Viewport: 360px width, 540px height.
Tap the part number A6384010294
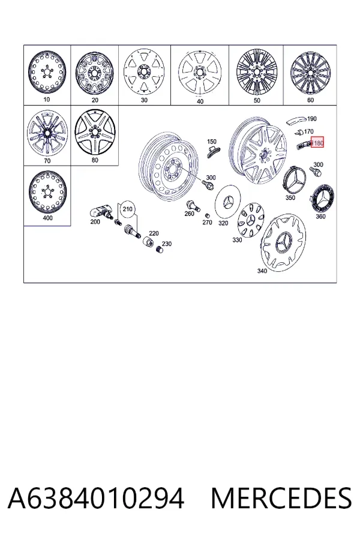pos(96,498)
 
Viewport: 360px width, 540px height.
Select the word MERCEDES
pos(281,498)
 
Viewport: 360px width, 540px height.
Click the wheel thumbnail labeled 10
pos(47,73)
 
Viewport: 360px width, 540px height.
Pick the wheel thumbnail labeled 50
pos(256,73)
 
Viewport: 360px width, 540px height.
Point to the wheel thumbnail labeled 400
pos(47,191)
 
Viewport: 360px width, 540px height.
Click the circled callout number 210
pos(127,209)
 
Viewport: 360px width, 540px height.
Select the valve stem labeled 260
pos(193,205)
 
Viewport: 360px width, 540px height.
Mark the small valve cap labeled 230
pos(159,250)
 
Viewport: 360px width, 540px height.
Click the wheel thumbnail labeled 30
pos(145,73)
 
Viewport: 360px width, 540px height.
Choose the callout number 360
pos(321,216)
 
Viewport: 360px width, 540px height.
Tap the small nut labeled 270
pos(208,215)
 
